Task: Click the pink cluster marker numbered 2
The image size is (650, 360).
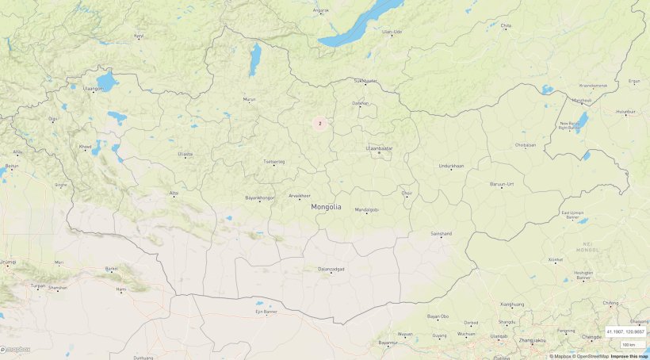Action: [319, 123]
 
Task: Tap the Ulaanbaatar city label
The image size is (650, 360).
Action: [378, 148]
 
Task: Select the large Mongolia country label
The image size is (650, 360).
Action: [327, 207]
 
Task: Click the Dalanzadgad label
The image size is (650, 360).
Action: [331, 270]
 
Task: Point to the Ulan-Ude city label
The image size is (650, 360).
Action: [392, 32]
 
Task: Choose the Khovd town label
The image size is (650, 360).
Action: [85, 147]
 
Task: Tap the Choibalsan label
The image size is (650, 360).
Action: [525, 145]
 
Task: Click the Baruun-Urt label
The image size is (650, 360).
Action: [502, 184]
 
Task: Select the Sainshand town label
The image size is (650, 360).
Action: [441, 234]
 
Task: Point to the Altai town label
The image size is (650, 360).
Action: [174, 193]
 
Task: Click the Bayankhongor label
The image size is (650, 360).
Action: [260, 197]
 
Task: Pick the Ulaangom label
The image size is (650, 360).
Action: [94, 89]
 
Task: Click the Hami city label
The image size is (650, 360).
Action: [121, 290]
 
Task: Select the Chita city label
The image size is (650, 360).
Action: [506, 25]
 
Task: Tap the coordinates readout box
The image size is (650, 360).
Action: [625, 331]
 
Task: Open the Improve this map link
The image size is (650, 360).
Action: [629, 356]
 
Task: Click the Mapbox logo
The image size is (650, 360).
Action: [16, 349]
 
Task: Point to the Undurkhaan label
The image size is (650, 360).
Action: [451, 166]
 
